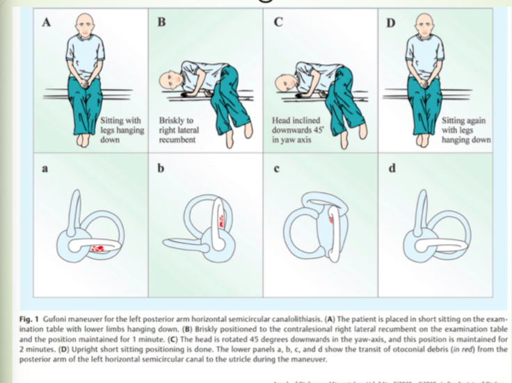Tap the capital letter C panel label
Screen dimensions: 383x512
pos(277,22)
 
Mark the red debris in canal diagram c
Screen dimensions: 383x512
pos(333,219)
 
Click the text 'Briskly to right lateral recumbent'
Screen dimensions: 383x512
pos(179,129)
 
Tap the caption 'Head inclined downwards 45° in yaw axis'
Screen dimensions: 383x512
pos(294,129)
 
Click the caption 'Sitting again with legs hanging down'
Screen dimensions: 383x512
pos(465,129)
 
